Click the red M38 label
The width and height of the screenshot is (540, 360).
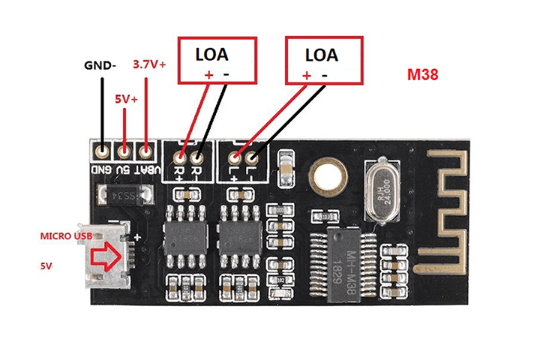tap(423, 75)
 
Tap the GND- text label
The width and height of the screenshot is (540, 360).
tap(99, 65)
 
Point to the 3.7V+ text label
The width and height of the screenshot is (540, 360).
tap(148, 64)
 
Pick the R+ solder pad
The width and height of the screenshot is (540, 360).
tap(180, 157)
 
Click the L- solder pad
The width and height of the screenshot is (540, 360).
tap(253, 157)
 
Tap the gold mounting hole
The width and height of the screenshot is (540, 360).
tap(327, 177)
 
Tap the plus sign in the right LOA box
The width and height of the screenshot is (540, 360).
tap(306, 75)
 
